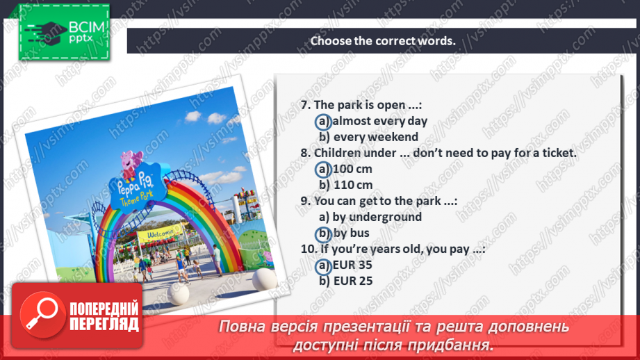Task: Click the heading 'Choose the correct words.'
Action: [383, 40]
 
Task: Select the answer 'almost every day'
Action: [380, 121]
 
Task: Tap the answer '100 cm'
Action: [352, 169]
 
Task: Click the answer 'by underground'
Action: [377, 217]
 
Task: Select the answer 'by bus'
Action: [351, 233]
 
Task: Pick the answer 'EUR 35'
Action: [353, 265]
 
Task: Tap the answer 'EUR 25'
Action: [353, 281]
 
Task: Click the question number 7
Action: [304, 105]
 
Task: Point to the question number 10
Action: [307, 249]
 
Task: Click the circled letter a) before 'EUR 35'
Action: [322, 265]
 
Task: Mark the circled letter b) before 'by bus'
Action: [322, 234]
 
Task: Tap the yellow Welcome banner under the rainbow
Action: [162, 234]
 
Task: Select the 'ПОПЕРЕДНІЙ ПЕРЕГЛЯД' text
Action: [104, 317]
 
